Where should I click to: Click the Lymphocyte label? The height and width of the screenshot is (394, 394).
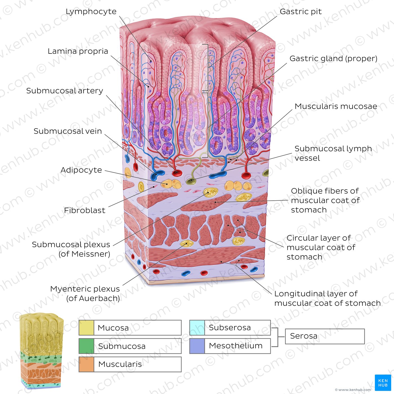91,12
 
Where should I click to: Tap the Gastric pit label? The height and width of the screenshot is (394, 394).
301,12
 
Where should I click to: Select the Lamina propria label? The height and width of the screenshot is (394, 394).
78,51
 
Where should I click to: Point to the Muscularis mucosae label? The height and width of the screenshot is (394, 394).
336,106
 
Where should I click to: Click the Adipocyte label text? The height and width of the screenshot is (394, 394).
81,170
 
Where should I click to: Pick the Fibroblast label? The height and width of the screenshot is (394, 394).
84,211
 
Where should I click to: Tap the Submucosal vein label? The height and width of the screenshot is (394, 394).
68,131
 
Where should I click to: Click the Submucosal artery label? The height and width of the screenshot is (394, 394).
65,91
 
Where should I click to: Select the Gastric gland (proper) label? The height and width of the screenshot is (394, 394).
333,59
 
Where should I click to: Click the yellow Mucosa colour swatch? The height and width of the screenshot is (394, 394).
86,328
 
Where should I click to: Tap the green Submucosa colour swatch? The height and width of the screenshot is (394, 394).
86,346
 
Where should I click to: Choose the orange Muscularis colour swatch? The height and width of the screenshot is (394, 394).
86,364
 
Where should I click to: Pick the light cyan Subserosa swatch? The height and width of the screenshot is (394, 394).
197,328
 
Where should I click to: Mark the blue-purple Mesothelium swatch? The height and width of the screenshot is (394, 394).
197,346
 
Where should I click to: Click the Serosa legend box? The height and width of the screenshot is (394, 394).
325,336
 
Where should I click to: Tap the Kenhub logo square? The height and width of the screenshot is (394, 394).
383,383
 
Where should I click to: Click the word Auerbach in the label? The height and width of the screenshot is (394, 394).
98,299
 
